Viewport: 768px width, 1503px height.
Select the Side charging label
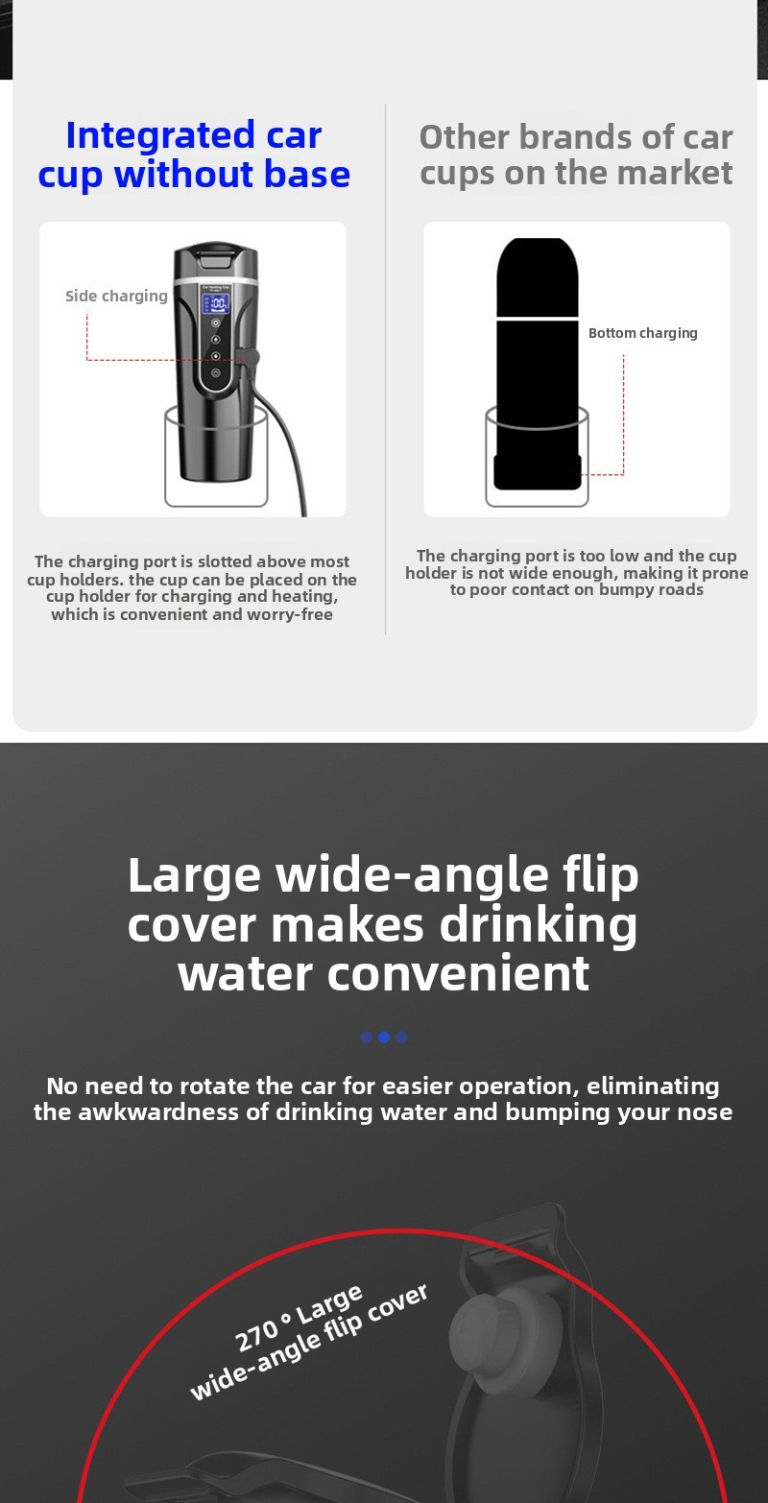click(x=116, y=296)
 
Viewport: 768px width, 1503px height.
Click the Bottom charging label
click(x=642, y=333)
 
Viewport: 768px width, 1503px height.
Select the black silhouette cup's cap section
click(x=537, y=276)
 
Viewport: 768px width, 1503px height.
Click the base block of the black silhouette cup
click(x=537, y=472)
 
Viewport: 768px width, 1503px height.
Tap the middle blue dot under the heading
click(x=384, y=1038)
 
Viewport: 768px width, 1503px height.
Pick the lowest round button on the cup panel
click(x=215, y=372)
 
